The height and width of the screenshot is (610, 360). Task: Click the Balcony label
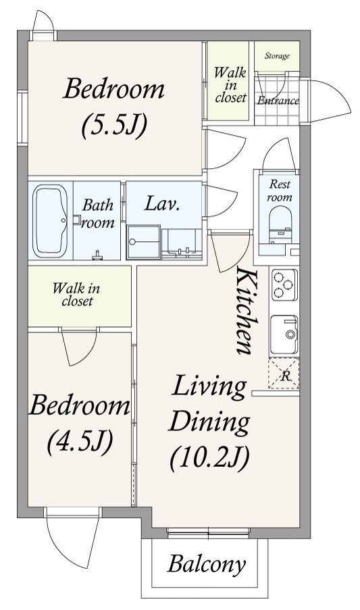click(x=207, y=564)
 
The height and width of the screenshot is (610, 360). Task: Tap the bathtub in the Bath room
click(x=50, y=221)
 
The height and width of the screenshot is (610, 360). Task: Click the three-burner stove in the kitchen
click(x=284, y=285)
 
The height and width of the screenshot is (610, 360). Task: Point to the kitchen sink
click(x=284, y=334)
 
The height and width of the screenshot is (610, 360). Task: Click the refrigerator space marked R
click(x=284, y=374)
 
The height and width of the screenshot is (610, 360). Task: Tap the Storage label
click(x=277, y=56)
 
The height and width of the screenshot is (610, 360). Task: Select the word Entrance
click(x=278, y=101)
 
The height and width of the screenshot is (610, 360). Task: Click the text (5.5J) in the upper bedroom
click(x=114, y=125)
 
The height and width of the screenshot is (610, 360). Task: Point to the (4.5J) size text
click(x=80, y=442)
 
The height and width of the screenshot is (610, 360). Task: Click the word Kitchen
click(x=247, y=311)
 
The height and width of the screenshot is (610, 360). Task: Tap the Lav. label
click(x=161, y=203)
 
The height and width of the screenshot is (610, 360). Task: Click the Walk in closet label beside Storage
click(x=230, y=85)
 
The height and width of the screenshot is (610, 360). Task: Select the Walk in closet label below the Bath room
click(x=76, y=295)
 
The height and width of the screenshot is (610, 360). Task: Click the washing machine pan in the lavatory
click(x=143, y=242)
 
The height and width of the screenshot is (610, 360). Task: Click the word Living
click(x=209, y=387)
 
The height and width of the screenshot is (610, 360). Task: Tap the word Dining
click(x=209, y=422)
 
